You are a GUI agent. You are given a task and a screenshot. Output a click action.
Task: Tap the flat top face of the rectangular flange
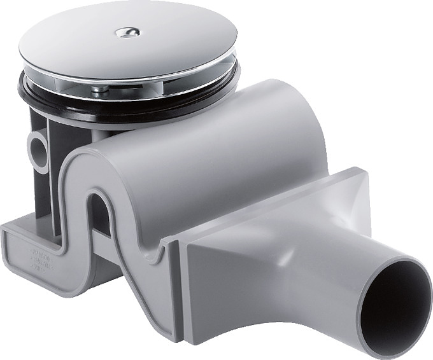pyautogui.click(x=267, y=204)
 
